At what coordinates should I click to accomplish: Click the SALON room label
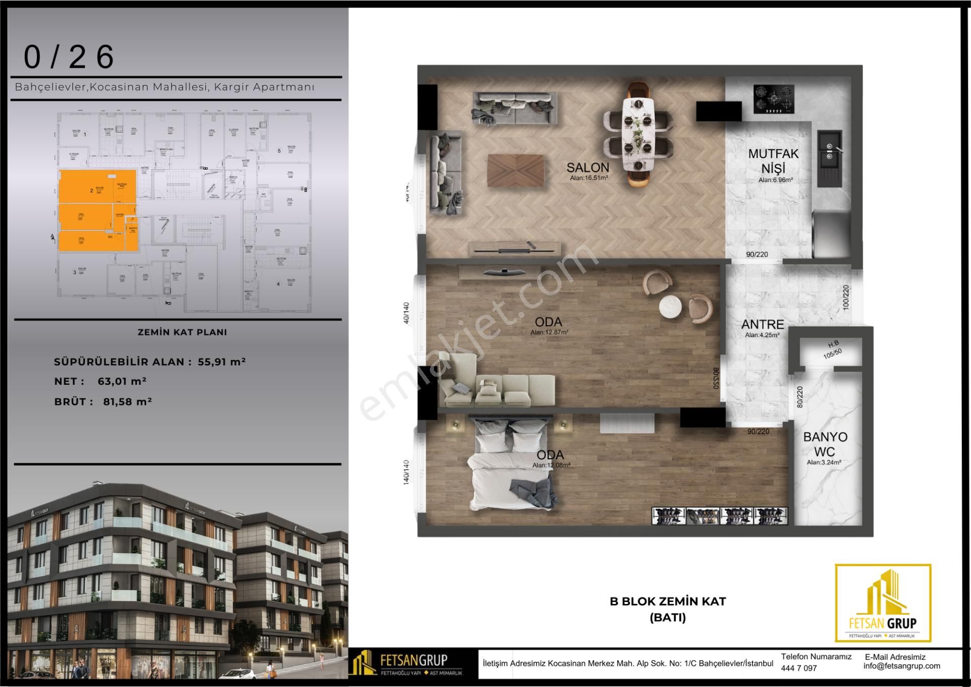[588, 168]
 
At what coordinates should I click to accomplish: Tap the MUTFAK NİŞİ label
[773, 160]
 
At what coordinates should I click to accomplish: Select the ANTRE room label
[763, 325]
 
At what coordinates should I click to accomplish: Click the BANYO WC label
[825, 444]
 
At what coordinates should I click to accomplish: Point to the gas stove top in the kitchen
[774, 99]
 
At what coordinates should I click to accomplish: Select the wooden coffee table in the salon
[516, 170]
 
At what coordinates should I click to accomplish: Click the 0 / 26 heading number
[69, 57]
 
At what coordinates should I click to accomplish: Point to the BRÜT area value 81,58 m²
[127, 401]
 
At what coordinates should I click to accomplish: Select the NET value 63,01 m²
[122, 381]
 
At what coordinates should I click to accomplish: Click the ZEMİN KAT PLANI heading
[182, 333]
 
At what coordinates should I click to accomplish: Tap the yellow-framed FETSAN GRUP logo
[882, 603]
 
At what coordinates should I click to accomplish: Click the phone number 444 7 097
[799, 668]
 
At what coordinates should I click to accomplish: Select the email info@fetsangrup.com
[902, 666]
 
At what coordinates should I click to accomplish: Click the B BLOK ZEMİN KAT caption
[668, 601]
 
